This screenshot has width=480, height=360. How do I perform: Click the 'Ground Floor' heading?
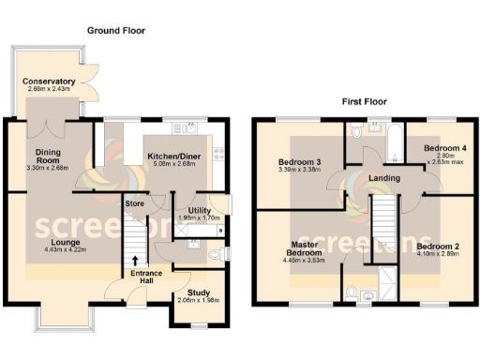coord(116,31)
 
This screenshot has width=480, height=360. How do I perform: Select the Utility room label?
coord(200,211)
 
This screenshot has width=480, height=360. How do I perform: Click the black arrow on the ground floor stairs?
coord(135,260)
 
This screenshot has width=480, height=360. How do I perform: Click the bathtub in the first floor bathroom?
coord(392,140)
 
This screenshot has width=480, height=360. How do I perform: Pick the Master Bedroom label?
coord(307,249)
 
